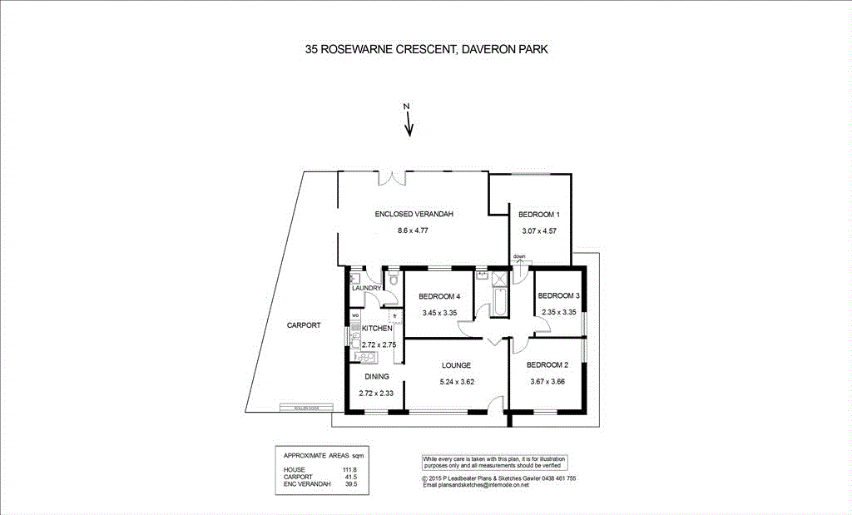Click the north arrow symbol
(408, 121)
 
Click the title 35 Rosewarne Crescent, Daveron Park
(426, 50)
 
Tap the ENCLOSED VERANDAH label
(414, 215)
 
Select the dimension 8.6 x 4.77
(414, 230)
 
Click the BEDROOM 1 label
(538, 215)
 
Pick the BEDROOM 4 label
(439, 297)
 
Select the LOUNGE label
(457, 365)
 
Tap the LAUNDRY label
(366, 289)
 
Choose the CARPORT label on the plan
(304, 325)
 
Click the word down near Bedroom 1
(519, 256)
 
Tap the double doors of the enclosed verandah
(393, 176)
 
